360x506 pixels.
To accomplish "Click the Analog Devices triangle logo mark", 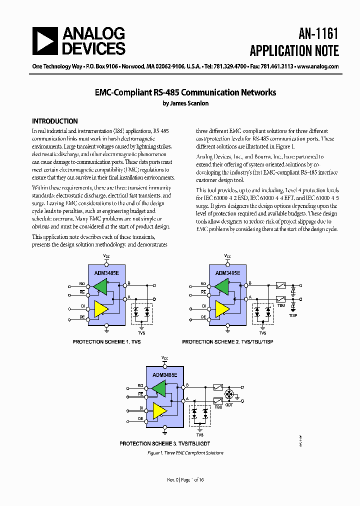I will pyautogui.click(x=45, y=40).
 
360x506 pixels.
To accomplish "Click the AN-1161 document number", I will pyautogui.click(x=318, y=33).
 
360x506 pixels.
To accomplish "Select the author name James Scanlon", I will pyautogui.click(x=185, y=103).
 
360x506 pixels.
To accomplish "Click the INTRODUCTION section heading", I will pyautogui.click(x=55, y=121).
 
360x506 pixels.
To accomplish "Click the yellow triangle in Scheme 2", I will pyautogui.click(x=222, y=308).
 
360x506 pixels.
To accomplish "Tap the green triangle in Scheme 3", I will pyautogui.click(x=160, y=388).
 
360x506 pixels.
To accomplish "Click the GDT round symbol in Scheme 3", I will pyautogui.click(x=230, y=393).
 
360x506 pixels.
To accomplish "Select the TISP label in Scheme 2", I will pyautogui.click(x=293, y=315).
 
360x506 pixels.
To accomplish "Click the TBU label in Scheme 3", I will pyautogui.click(x=218, y=407).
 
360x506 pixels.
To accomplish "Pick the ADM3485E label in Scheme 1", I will pyautogui.click(x=106, y=273).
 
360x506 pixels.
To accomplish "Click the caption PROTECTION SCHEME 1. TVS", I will pyautogui.click(x=106, y=341).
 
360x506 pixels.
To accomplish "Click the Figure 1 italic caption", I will pyautogui.click(x=185, y=453).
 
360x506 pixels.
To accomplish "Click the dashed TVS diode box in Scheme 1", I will pyautogui.click(x=141, y=314).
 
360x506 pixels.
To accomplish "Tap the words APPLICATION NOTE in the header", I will pyautogui.click(x=294, y=51).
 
